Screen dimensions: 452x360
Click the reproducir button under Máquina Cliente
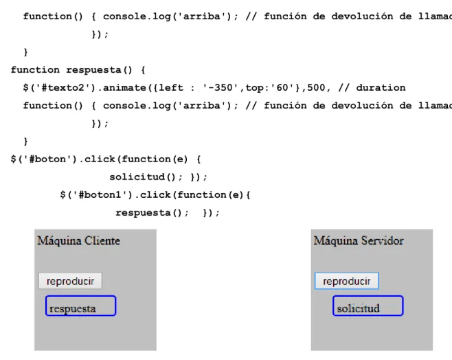70,281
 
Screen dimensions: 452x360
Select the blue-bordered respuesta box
81,306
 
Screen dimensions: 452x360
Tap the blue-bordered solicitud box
368,306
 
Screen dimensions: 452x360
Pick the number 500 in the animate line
316,88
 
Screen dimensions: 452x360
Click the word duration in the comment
381,88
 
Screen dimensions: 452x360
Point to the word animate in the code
124,88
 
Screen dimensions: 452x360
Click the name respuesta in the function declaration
93,70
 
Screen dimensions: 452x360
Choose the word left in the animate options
171,88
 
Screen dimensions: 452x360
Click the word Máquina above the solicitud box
335,240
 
